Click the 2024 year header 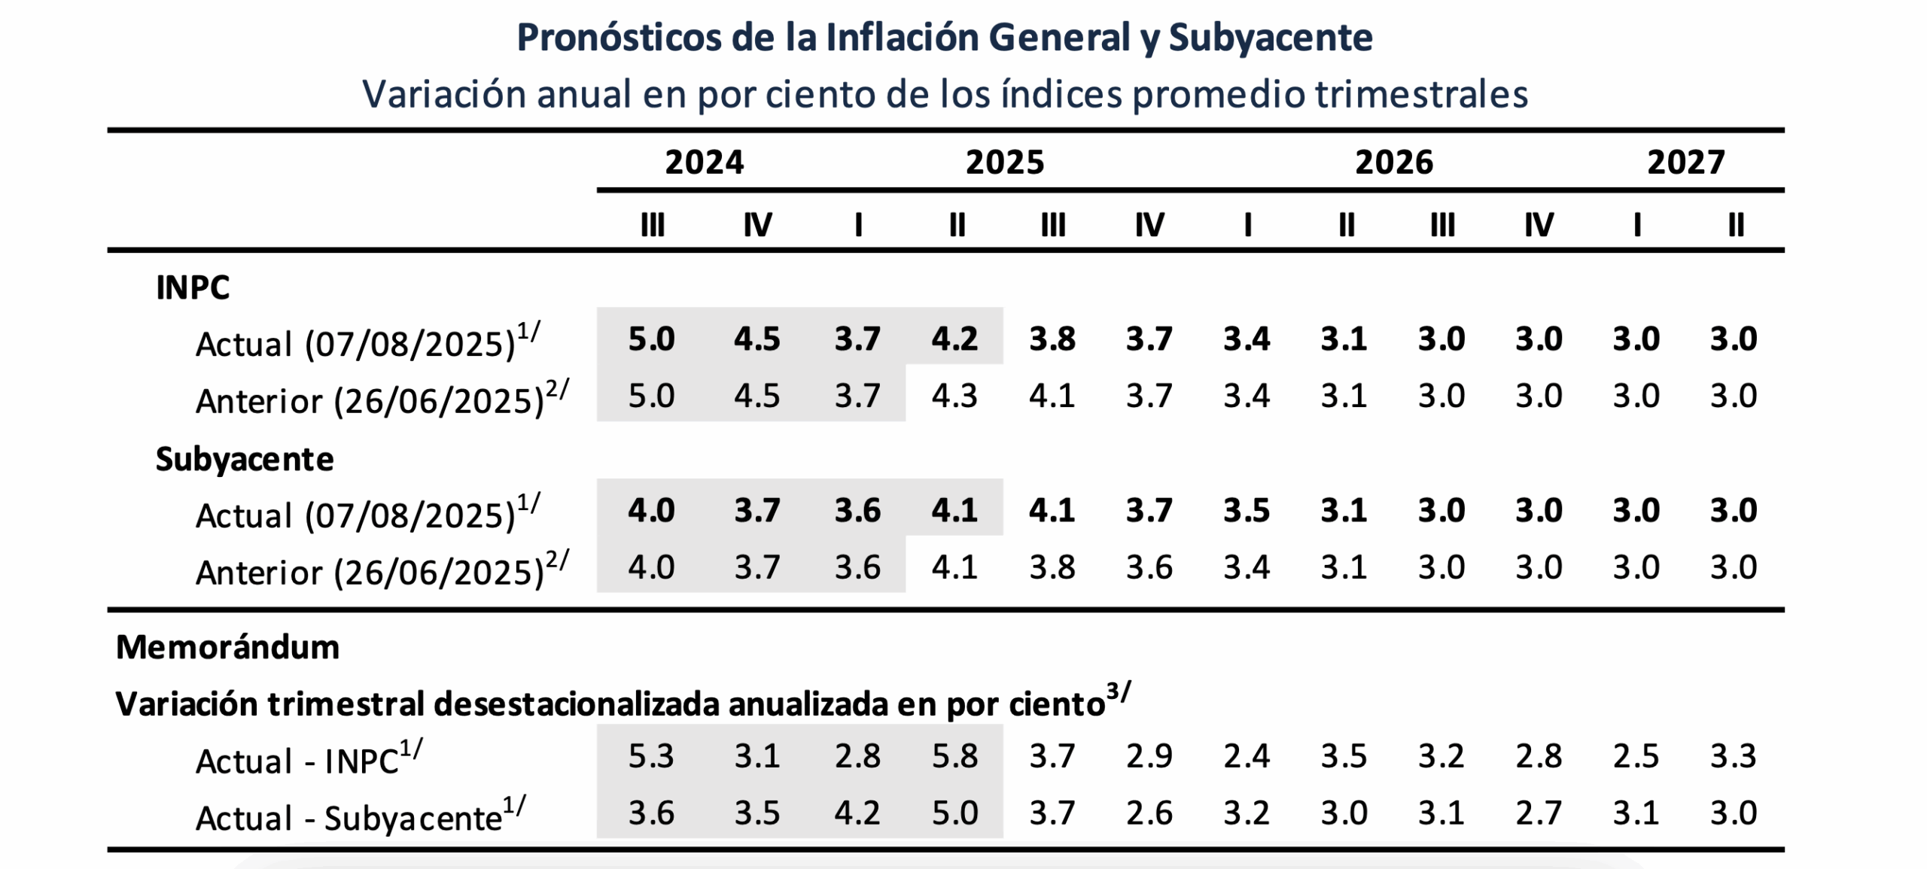click(704, 163)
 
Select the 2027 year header click(1685, 163)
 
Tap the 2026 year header click(1394, 163)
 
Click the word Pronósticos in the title click(619, 38)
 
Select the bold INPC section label click(193, 287)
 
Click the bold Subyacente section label click(245, 459)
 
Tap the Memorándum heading click(227, 647)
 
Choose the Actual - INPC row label click(297, 761)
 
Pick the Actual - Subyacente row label click(349, 818)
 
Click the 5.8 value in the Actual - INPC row click(954, 756)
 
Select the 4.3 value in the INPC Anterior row click(954, 396)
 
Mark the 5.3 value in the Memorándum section click(651, 756)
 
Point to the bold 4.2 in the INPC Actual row click(954, 339)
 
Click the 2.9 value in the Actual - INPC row click(1149, 756)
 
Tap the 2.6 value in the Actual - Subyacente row click(1149, 813)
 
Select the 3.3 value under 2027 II click(1734, 756)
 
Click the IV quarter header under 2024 click(757, 224)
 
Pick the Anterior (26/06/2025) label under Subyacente click(369, 573)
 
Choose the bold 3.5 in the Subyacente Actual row click(1247, 510)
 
